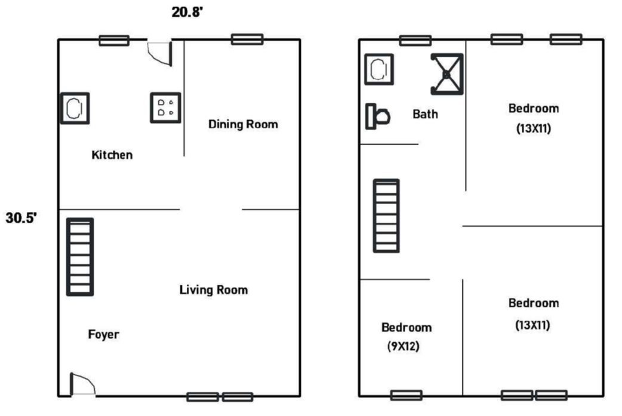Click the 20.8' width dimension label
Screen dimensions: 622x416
click(x=187, y=12)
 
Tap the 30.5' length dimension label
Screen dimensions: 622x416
click(x=21, y=218)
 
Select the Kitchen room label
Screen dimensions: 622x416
click(x=112, y=155)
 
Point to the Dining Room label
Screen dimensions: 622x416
click(x=243, y=124)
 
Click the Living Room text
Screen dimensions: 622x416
click(x=214, y=290)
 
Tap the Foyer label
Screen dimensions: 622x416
click(x=103, y=334)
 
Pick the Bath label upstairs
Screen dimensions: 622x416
click(x=425, y=114)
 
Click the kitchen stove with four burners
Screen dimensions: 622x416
click(x=165, y=108)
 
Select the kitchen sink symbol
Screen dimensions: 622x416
click(x=75, y=108)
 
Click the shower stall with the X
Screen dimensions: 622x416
click(x=447, y=74)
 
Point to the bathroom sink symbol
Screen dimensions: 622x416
click(x=379, y=69)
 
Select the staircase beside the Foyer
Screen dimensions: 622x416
click(x=80, y=257)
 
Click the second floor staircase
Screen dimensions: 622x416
click(x=386, y=215)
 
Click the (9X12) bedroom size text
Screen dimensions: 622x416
click(x=404, y=346)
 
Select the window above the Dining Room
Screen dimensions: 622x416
click(x=247, y=39)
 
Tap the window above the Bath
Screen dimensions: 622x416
click(x=415, y=40)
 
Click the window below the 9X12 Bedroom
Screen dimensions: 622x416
click(x=406, y=395)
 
